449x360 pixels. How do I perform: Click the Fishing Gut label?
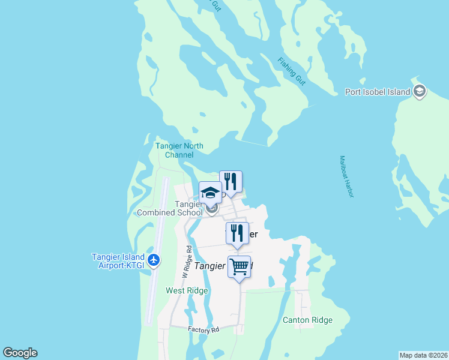click(x=292, y=71)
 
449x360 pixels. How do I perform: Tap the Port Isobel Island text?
click(x=378, y=92)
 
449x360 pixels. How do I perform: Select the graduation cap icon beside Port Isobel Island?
click(x=420, y=91)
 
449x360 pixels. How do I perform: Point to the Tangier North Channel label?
click(x=179, y=151)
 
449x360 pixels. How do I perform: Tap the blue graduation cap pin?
click(x=210, y=193)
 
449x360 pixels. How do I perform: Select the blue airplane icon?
click(x=154, y=260)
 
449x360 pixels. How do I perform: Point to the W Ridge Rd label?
click(x=188, y=257)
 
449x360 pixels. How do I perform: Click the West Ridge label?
click(x=187, y=291)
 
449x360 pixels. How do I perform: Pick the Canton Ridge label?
click(x=307, y=320)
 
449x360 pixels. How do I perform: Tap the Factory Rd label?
click(x=203, y=329)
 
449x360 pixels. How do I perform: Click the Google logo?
click(x=20, y=353)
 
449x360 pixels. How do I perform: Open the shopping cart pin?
click(x=239, y=266)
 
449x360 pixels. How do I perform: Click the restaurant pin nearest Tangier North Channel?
click(x=231, y=181)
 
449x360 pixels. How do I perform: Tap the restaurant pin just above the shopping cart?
click(x=237, y=233)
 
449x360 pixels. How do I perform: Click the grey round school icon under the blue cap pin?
click(x=211, y=209)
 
